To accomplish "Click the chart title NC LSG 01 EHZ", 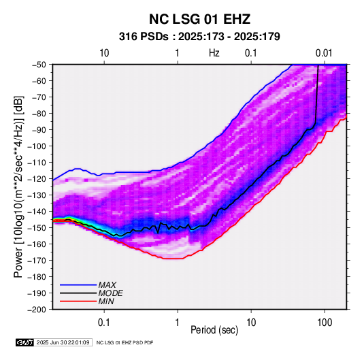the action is click(x=199, y=19).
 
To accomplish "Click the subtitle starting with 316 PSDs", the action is click(x=199, y=37).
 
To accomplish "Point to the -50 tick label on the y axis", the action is click(x=39, y=65).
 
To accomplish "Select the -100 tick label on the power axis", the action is click(x=37, y=146).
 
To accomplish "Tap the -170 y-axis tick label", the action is click(x=37, y=261).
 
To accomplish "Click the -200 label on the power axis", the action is click(x=37, y=310).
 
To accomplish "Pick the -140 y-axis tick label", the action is click(x=37, y=212).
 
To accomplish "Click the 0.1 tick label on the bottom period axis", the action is click(x=104, y=323).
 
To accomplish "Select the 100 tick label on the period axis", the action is click(x=325, y=323).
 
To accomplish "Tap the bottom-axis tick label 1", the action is click(x=178, y=323).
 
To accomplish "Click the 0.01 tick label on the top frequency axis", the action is click(x=324, y=53).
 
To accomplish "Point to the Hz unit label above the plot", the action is click(x=214, y=53).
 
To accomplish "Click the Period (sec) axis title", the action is click(x=214, y=330).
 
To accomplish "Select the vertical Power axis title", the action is click(x=19, y=186).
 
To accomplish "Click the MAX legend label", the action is click(x=107, y=285).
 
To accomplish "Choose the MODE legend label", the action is click(x=110, y=293).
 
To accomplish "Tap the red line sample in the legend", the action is click(x=78, y=301).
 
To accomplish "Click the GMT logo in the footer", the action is click(x=25, y=342).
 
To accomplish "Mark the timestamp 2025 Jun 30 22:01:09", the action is click(x=63, y=342).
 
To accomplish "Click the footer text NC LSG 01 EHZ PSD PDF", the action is click(x=125, y=342).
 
